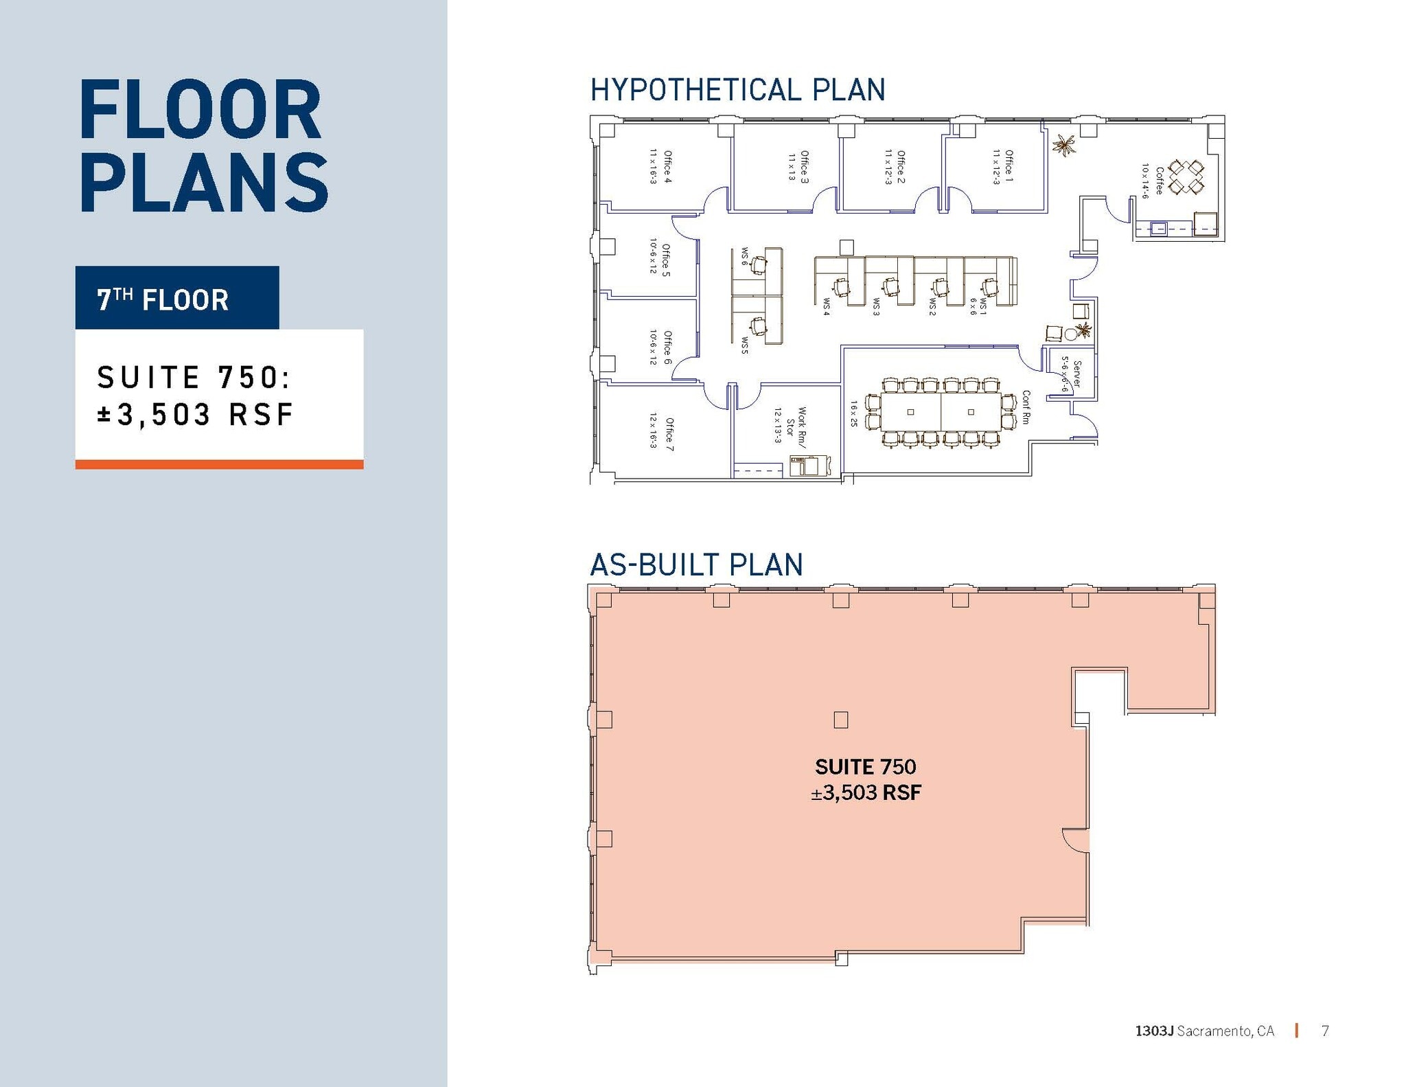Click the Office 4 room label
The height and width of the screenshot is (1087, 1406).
pos(667,166)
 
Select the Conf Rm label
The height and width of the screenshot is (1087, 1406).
pos(1026,407)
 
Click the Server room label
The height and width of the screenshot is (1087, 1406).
pos(1076,374)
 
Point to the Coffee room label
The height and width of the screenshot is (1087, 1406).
pos(1159,181)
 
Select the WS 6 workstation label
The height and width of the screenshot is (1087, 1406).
pos(744,257)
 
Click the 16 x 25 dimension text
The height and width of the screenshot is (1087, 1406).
pos(854,414)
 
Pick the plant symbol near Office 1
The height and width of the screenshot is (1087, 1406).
pos(1065,145)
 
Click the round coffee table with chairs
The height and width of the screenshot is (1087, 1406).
pos(1186,176)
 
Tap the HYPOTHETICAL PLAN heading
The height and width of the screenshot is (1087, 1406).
pos(737,90)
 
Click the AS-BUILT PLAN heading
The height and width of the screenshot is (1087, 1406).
pos(696,564)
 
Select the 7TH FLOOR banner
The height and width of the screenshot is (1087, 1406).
pos(177,299)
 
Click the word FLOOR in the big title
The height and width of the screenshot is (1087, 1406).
pos(200,111)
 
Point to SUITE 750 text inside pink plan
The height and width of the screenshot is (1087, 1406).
pos(865,766)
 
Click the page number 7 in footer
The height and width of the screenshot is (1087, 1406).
pos(1325,1030)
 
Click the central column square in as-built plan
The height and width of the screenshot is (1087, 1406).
pos(840,720)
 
